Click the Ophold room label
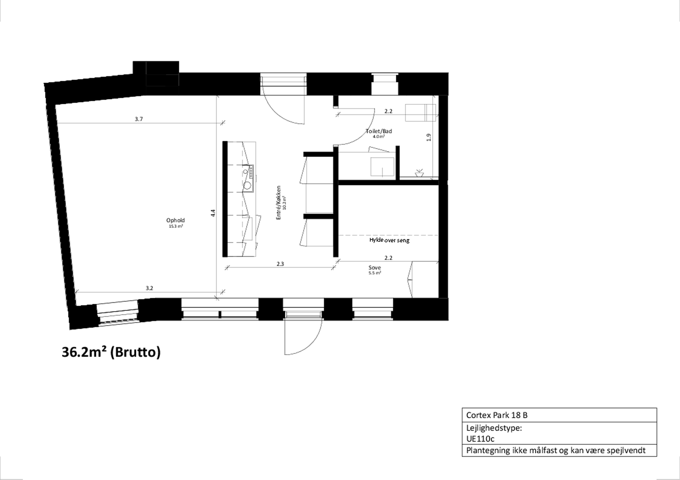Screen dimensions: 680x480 pyautogui.click(x=175, y=220)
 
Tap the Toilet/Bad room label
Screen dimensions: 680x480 pyautogui.click(x=379, y=131)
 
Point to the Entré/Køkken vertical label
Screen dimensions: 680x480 pyautogui.click(x=278, y=203)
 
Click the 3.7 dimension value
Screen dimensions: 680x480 pyautogui.click(x=139, y=119)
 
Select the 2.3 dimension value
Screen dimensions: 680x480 pyautogui.click(x=280, y=264)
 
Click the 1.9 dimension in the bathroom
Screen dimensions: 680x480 pyautogui.click(x=429, y=137)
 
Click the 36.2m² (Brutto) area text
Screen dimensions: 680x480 pyautogui.click(x=111, y=352)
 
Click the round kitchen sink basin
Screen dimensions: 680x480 pyautogui.click(x=247, y=186)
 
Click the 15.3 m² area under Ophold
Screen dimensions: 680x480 pyautogui.click(x=176, y=226)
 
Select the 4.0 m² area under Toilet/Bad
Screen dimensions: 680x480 pyautogui.click(x=379, y=136)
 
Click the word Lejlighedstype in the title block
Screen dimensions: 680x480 pyautogui.click(x=494, y=428)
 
